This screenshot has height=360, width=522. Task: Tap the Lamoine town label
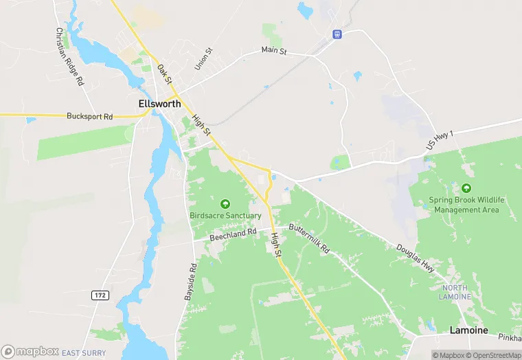(468, 330)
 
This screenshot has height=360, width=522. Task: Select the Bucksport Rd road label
(89, 117)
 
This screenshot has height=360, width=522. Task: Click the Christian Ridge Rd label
(69, 56)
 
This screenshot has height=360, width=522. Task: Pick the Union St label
(201, 58)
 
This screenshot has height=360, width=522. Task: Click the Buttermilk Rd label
(310, 239)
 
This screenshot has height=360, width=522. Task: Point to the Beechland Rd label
(233, 234)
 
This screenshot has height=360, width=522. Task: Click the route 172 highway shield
(100, 295)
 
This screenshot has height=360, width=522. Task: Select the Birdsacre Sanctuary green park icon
(225, 203)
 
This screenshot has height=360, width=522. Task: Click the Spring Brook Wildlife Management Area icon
(466, 188)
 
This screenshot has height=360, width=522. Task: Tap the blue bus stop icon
(337, 34)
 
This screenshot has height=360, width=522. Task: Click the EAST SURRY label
(84, 353)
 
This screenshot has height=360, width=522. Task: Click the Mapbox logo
(30, 351)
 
